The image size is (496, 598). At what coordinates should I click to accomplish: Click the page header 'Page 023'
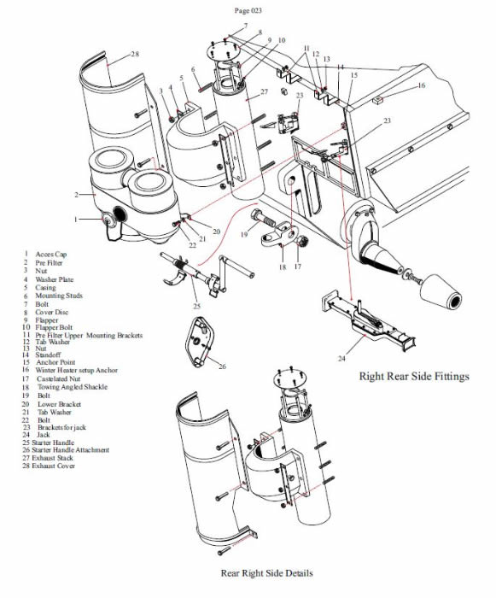click(x=248, y=10)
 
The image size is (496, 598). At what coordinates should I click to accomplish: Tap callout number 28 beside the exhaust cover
click(x=136, y=54)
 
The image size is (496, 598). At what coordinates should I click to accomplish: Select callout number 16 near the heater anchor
click(x=421, y=85)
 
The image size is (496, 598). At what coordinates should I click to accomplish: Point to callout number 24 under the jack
click(x=341, y=358)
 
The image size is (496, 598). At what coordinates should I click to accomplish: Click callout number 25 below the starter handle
click(x=196, y=306)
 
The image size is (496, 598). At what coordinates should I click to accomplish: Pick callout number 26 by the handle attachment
click(x=222, y=366)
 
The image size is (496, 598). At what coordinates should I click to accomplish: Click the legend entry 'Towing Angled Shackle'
click(x=73, y=387)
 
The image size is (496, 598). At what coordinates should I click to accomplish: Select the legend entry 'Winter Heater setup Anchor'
click(x=77, y=370)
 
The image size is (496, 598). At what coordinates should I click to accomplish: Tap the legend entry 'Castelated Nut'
click(x=59, y=378)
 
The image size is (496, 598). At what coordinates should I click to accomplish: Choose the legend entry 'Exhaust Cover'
click(x=54, y=466)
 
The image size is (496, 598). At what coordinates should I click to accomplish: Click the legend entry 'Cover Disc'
click(x=52, y=312)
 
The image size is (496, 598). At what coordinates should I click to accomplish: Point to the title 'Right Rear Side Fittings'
click(x=414, y=376)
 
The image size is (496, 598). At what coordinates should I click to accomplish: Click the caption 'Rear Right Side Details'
click(x=267, y=573)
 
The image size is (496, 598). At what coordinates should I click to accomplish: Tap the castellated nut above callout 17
click(x=301, y=242)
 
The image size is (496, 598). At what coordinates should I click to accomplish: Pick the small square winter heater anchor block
click(x=377, y=100)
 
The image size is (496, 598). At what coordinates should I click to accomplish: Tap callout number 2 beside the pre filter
click(x=76, y=195)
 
